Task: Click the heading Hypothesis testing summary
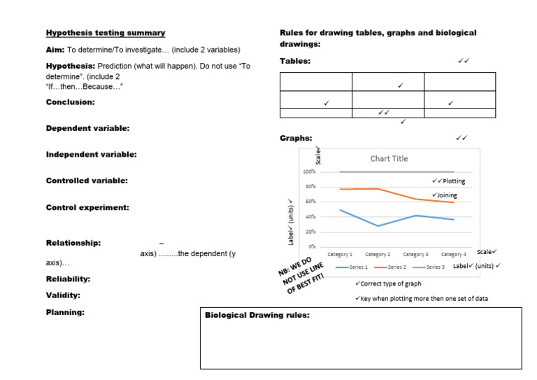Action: click(x=106, y=33)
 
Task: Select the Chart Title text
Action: click(x=389, y=159)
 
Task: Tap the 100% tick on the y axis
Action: click(x=309, y=171)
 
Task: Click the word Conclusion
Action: click(x=70, y=102)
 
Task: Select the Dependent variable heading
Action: click(x=87, y=129)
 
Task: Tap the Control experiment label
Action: click(x=87, y=208)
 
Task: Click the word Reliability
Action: click(x=68, y=279)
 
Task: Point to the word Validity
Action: click(x=63, y=295)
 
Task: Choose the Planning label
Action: click(x=65, y=312)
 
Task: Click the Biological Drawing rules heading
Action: click(x=257, y=316)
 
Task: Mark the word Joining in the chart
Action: click(x=447, y=195)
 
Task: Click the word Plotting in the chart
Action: click(x=454, y=181)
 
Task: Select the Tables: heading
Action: click(x=295, y=62)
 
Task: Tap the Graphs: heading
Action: click(x=296, y=139)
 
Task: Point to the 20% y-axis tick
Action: click(x=310, y=232)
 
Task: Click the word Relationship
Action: click(x=73, y=244)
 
